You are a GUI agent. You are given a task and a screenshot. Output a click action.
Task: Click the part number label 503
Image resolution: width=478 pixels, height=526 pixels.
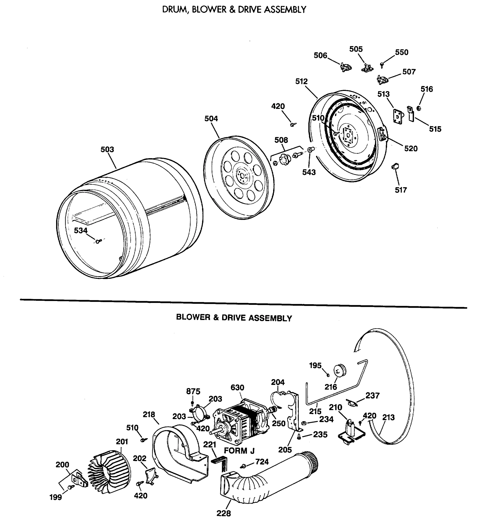107,149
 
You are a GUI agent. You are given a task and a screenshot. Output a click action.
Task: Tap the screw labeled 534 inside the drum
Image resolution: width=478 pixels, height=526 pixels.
98,241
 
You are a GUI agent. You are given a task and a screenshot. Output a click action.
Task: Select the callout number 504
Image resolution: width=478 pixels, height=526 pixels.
211,119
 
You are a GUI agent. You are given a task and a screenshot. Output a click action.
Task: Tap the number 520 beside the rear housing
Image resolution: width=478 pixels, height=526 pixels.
411,149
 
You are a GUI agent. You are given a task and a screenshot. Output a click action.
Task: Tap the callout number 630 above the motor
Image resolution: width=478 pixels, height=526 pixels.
237,388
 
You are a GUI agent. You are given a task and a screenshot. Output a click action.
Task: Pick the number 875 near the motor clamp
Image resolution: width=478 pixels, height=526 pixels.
193,391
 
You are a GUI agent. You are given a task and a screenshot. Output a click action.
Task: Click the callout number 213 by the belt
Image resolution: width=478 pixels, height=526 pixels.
388,418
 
